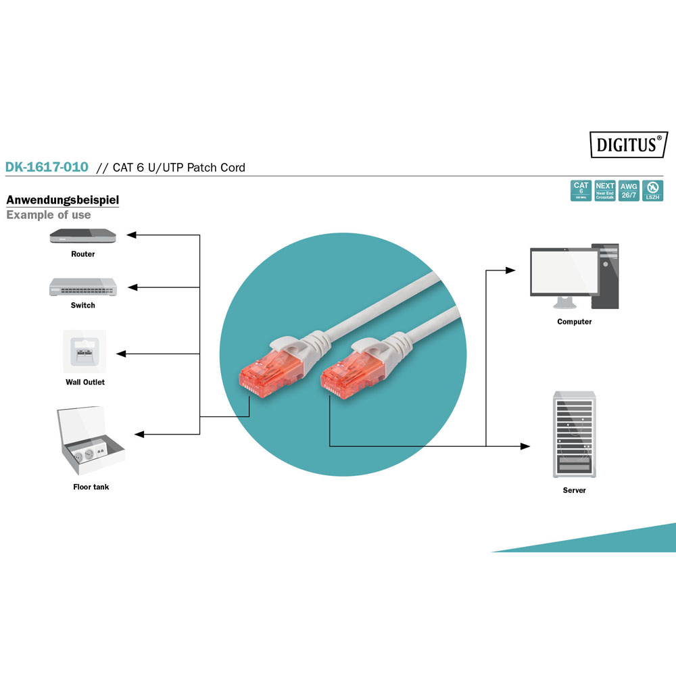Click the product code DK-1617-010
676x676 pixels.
tap(47, 167)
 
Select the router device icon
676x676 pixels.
tap(83, 236)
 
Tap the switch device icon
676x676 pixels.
tap(83, 287)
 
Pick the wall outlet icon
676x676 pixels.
tap(84, 351)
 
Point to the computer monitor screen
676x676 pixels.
tap(564, 272)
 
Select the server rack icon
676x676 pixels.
tap(573, 435)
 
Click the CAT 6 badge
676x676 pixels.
tap(581, 191)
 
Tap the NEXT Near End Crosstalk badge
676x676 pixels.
tap(605, 191)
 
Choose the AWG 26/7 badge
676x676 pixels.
tap(629, 191)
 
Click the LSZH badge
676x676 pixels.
tap(652, 191)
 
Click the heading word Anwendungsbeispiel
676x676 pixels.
tap(62, 200)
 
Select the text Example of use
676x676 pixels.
tap(49, 215)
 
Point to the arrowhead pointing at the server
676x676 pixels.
tap(525, 446)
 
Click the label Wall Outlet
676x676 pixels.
tap(85, 383)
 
